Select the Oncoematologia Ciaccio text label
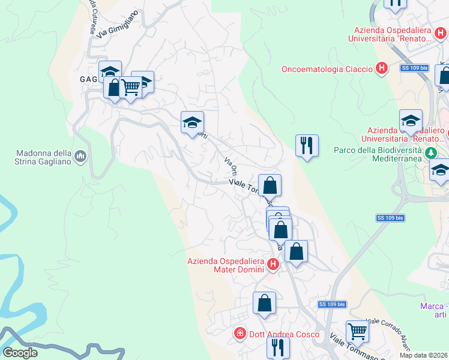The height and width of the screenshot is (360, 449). [327, 69]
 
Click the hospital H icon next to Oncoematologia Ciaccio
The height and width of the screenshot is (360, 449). [381, 69]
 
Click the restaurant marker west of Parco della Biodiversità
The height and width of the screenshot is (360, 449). [307, 145]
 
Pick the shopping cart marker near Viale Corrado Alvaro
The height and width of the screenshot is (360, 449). [357, 331]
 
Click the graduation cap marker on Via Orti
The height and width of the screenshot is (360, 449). [192, 123]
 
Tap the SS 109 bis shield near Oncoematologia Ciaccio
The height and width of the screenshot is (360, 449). [414, 69]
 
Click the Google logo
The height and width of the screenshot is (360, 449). [20, 353]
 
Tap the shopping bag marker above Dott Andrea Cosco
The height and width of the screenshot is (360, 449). [264, 303]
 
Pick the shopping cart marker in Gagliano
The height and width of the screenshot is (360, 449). [130, 88]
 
